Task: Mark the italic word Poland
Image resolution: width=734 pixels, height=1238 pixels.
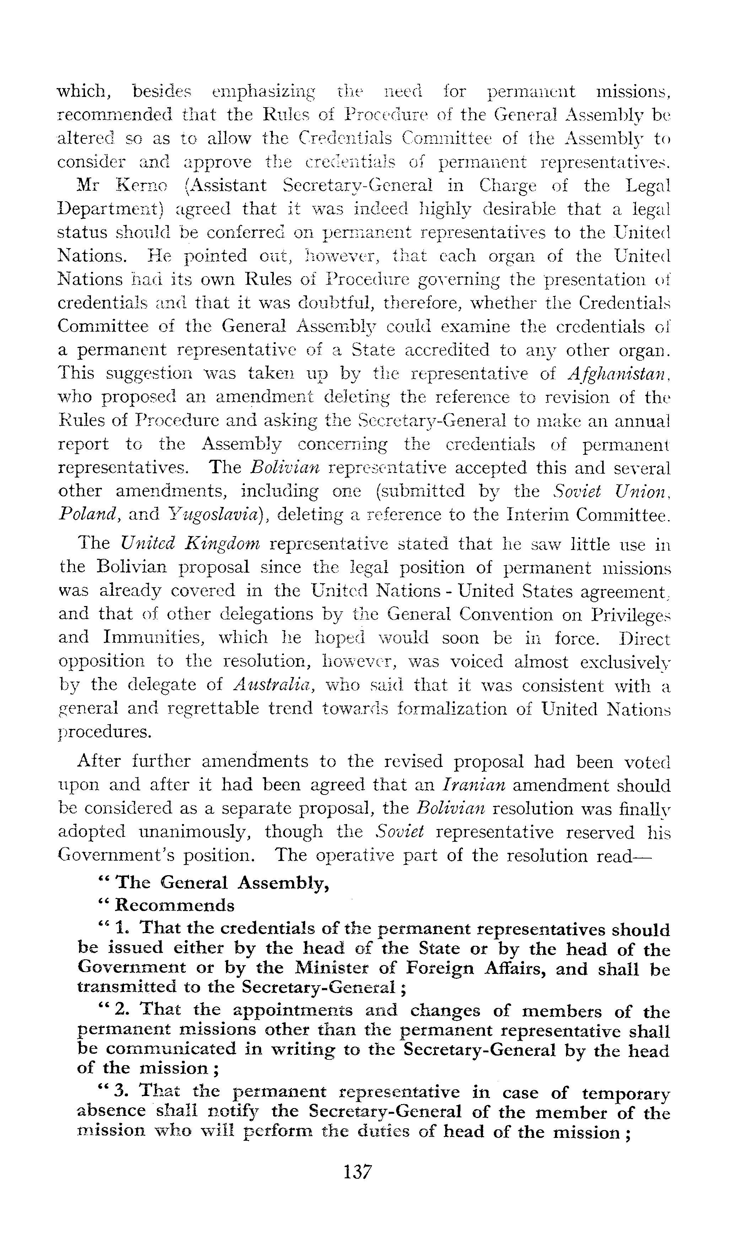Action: click(x=88, y=515)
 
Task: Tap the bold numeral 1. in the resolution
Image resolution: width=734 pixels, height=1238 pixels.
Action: click(x=122, y=929)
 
